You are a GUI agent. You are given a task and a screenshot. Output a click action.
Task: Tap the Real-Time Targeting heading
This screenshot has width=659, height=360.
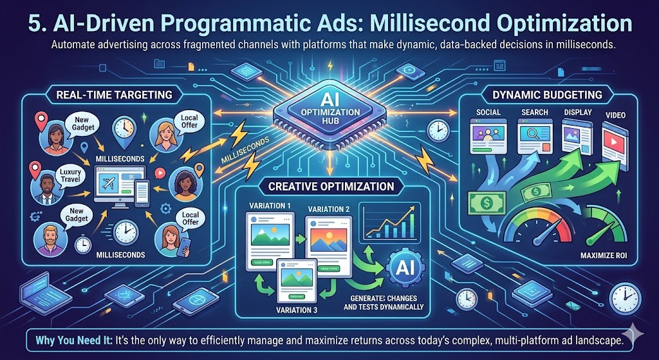click(114, 95)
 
